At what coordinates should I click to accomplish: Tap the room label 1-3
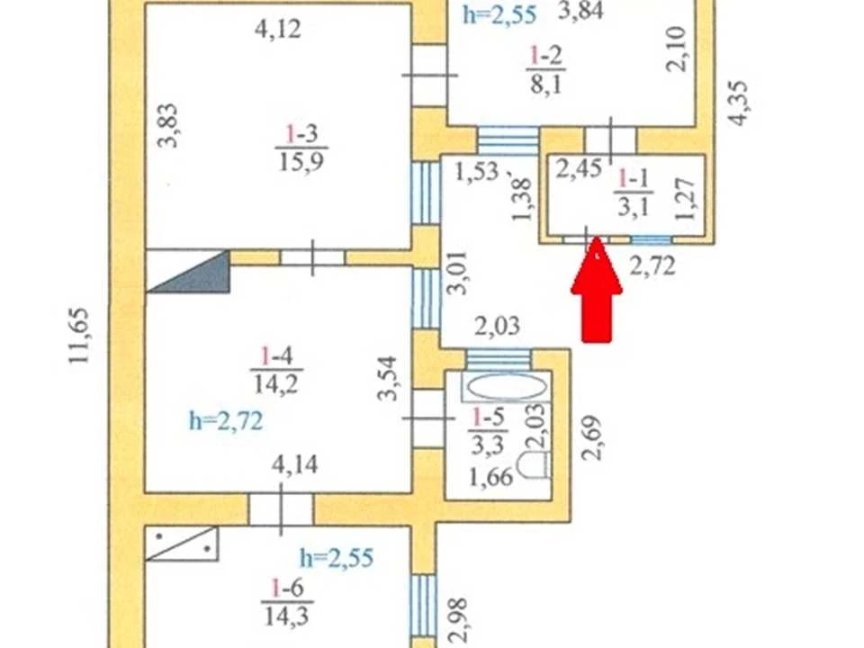pos(301,134)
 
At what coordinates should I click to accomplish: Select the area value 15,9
pos(301,161)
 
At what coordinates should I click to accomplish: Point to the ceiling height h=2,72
pos(226,421)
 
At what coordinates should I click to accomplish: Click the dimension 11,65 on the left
pos(79,335)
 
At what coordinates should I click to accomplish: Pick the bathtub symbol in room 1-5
pos(505,387)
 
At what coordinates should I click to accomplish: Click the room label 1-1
pos(634,179)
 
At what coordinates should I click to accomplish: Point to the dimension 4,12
pos(278,29)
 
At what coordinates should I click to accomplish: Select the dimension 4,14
pos(295,465)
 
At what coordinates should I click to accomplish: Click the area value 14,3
pos(286,616)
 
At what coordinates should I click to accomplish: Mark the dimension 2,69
pos(592,437)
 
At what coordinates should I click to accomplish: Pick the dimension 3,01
pos(457,274)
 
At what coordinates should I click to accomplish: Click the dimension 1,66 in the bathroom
pos(491,477)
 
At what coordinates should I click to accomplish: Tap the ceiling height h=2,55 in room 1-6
pos(337,558)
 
